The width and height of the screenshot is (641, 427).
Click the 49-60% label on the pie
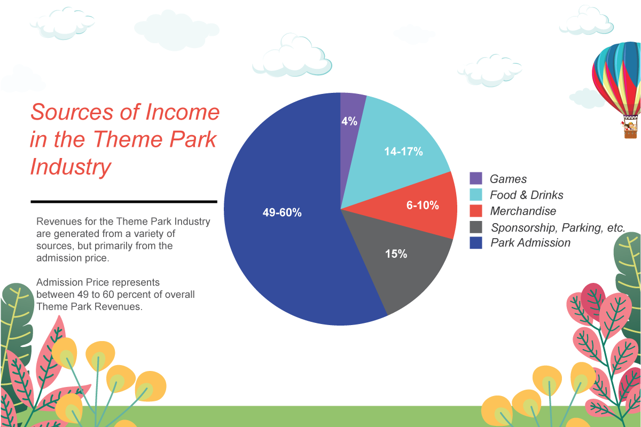[x=282, y=212]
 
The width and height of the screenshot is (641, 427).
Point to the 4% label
[x=349, y=121]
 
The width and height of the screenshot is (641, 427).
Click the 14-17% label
[x=403, y=152]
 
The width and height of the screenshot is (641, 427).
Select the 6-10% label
[x=423, y=205]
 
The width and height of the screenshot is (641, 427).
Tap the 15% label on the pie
[x=396, y=254]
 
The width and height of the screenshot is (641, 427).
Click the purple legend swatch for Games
[x=476, y=178]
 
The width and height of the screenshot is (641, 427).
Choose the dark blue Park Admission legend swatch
[x=476, y=243]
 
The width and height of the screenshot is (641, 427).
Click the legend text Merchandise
[x=523, y=211]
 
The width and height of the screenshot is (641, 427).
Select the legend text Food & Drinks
[x=526, y=195]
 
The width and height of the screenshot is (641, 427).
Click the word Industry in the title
[x=71, y=167]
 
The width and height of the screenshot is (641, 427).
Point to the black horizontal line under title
[x=124, y=202]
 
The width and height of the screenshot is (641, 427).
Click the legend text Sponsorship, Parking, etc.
[x=558, y=227]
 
